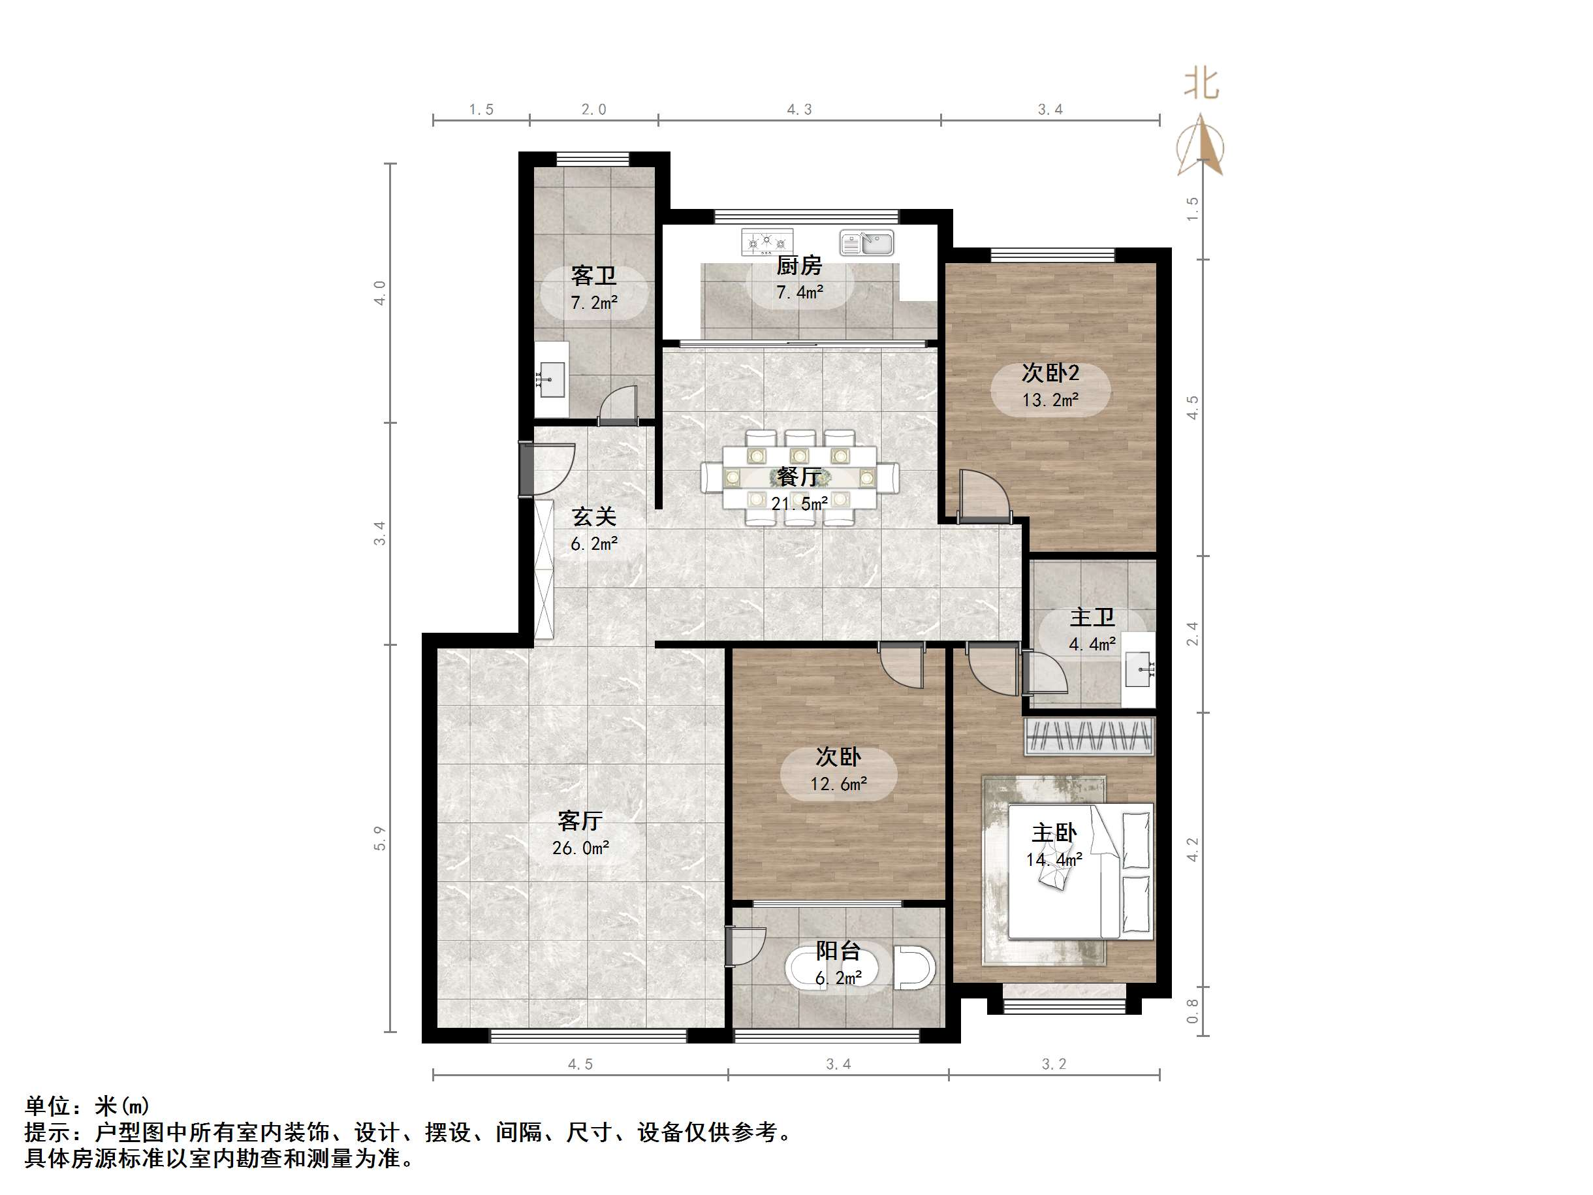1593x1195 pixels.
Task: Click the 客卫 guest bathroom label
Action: coord(593,275)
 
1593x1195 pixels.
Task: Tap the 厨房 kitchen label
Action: coord(798,266)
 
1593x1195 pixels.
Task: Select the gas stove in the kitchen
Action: coord(767,242)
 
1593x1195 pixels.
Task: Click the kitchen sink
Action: coord(866,243)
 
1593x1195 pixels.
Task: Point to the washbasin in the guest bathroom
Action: coord(552,379)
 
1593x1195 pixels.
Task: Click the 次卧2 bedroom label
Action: coord(1050,373)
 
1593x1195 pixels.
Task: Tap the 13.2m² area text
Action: coord(1050,400)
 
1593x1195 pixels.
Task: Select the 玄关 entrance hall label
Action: coord(593,517)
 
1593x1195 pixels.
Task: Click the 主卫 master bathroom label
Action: coord(1092,617)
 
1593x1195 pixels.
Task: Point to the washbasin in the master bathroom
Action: coord(1138,669)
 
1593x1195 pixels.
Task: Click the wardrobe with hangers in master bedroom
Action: coord(1089,736)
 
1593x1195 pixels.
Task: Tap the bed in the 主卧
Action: coord(1080,872)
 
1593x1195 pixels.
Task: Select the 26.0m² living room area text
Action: coord(580,848)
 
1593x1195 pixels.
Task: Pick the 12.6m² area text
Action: coord(838,784)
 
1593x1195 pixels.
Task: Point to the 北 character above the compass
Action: coord(1201,84)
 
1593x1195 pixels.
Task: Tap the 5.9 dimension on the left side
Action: coord(379,838)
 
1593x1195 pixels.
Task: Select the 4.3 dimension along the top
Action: coord(798,110)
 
